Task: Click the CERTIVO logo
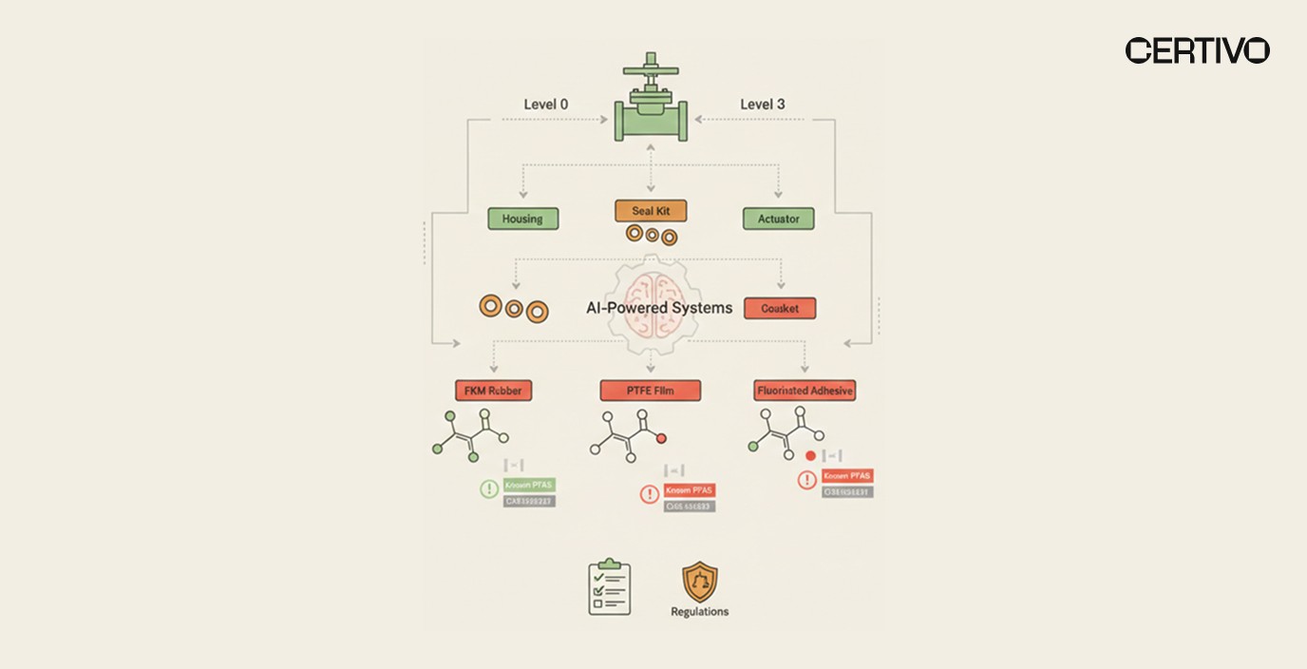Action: coord(1197,50)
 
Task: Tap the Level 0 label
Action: coord(546,104)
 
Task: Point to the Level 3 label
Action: coord(762,104)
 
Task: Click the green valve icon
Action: coord(652,105)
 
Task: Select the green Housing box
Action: coord(522,219)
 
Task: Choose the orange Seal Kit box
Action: coord(651,210)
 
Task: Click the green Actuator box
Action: coord(778,219)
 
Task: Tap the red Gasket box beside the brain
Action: coord(780,308)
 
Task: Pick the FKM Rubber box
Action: coord(493,390)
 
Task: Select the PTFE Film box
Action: coord(651,390)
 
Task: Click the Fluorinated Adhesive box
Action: coord(805,390)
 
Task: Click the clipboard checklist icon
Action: coord(609,588)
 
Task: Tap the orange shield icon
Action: coord(700,583)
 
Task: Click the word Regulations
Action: coord(700,611)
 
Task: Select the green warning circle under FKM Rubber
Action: coord(489,488)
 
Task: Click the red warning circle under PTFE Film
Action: coord(650,494)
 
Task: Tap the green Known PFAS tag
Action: coord(530,485)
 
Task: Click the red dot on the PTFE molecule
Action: coord(661,438)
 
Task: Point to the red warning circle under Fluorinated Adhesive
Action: coord(806,480)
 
